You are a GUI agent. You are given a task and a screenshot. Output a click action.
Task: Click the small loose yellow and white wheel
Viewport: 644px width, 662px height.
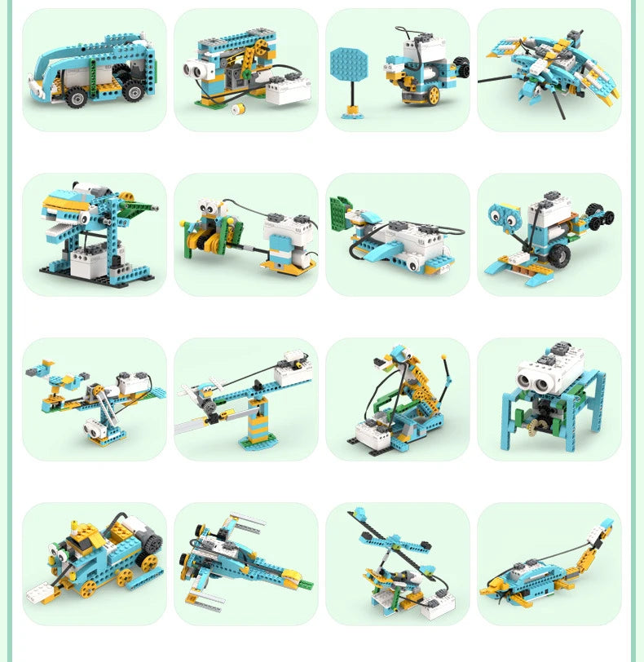239,109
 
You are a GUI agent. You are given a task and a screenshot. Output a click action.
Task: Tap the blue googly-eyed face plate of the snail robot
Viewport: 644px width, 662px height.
504,218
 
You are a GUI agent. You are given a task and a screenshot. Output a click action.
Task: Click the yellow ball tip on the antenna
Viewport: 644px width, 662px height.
444,357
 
